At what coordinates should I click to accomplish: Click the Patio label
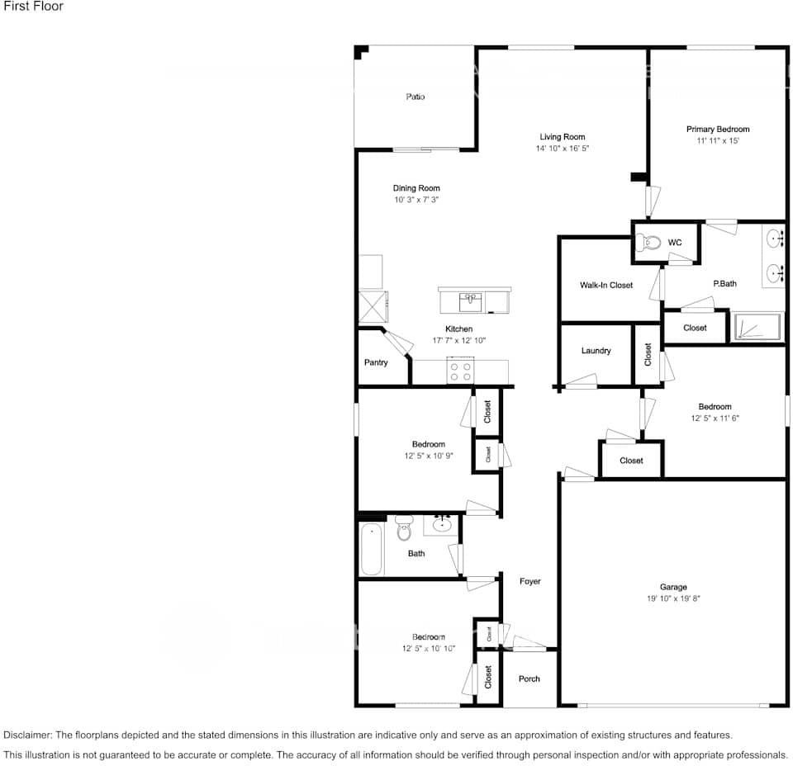[415, 97]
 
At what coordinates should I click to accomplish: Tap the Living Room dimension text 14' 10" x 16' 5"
[562, 149]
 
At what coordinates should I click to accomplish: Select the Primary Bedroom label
[718, 130]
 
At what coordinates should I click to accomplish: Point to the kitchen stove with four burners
[461, 371]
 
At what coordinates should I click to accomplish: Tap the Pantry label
[376, 362]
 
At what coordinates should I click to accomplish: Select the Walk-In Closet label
[606, 285]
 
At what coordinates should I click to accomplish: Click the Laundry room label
[596, 351]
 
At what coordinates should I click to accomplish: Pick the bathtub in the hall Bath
[372, 549]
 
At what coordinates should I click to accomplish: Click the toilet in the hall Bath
[404, 527]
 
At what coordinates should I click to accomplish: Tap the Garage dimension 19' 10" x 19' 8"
[673, 598]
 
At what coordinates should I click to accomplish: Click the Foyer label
[529, 581]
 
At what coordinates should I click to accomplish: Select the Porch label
[529, 679]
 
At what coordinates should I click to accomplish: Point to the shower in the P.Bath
[757, 327]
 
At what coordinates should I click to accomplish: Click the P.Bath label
[724, 284]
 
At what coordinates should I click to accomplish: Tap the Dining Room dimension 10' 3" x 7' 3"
[416, 200]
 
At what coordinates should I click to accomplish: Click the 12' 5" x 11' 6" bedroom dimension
[715, 418]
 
